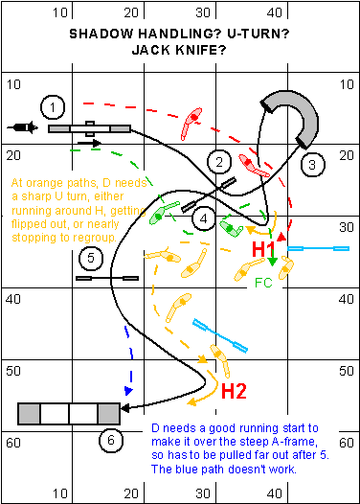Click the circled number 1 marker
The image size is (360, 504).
53,107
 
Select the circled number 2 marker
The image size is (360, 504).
219,162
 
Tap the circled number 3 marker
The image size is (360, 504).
312,165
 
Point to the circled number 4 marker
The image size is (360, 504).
204,218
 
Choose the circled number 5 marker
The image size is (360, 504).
91,258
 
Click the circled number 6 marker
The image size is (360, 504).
111,440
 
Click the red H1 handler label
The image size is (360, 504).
263,249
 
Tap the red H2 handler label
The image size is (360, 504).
235,391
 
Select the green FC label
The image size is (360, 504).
263,283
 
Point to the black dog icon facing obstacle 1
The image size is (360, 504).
22,127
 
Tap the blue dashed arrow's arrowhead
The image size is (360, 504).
128,391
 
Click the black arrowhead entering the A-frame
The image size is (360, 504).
124,408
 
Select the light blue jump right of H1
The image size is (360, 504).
318,248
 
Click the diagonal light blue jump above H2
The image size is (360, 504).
220,335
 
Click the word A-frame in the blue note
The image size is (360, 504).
295,442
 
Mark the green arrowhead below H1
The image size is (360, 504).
272,262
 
